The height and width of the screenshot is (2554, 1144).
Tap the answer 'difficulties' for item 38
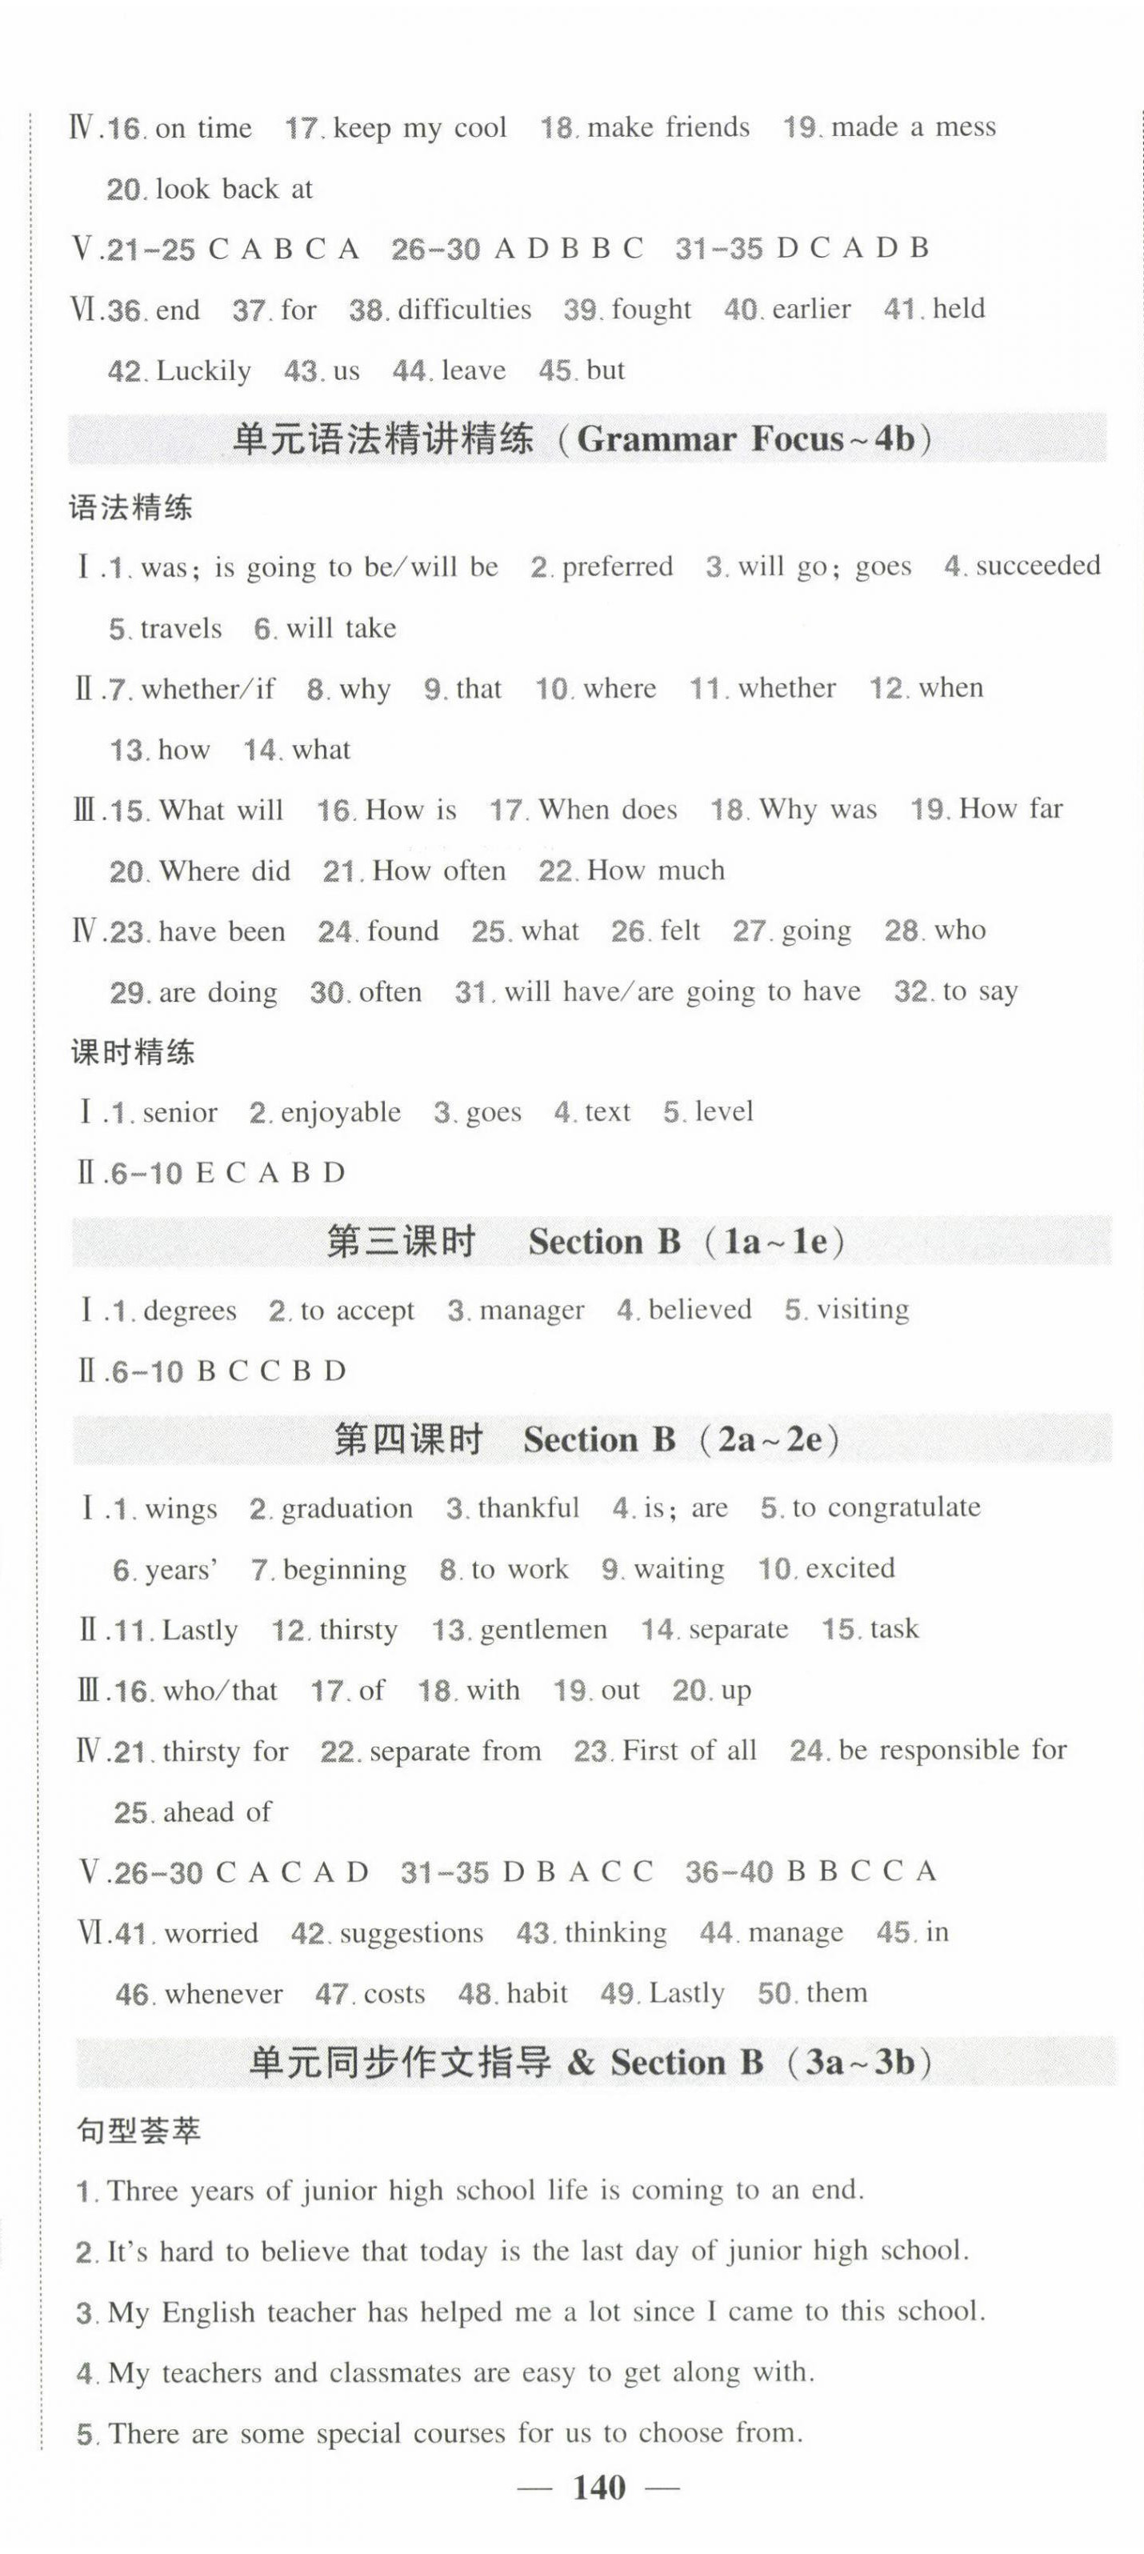coord(464,310)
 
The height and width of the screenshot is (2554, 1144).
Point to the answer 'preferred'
coord(617,566)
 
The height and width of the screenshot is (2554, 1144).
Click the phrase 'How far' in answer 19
coord(1010,809)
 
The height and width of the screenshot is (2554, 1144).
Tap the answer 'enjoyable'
coord(341,1112)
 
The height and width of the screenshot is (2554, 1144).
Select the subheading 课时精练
coord(133,1052)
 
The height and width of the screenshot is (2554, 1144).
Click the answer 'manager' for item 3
coord(531,1310)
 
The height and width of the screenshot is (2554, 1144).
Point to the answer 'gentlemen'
coord(543,1629)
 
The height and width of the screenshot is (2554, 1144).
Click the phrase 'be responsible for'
coord(952,1750)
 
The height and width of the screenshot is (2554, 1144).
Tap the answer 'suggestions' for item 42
coord(411,1932)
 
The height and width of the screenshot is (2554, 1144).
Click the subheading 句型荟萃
coord(138,2130)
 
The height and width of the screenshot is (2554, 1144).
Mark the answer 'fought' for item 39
coord(651,310)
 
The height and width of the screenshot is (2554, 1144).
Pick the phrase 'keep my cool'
coord(420,128)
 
